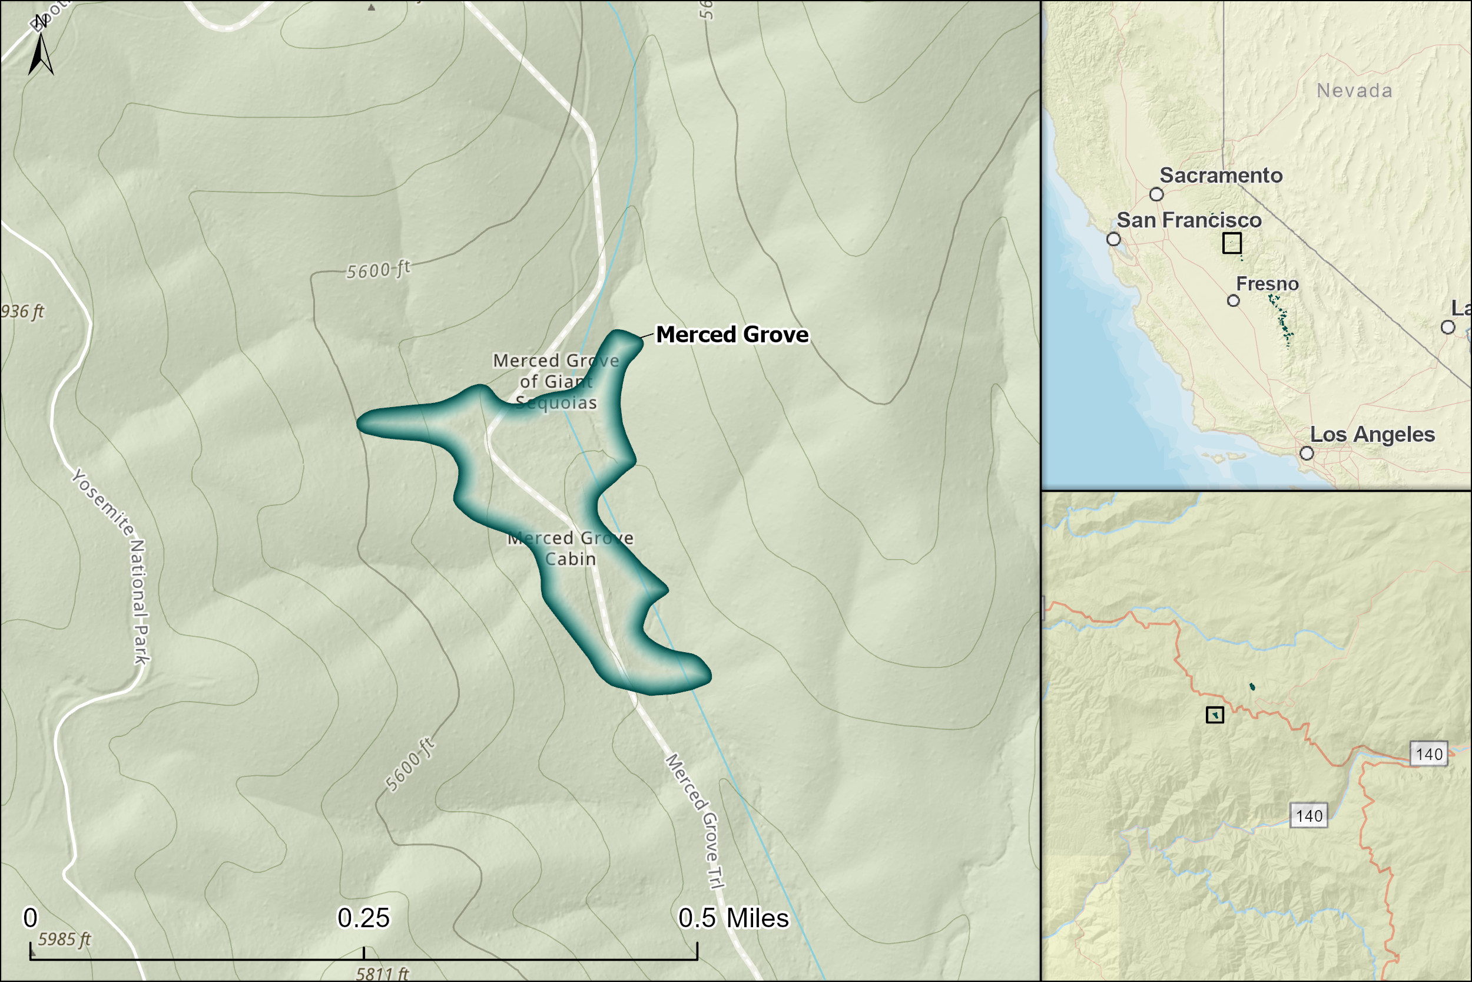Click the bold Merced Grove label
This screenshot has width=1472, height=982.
tap(732, 335)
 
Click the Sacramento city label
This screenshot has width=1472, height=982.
tap(1221, 176)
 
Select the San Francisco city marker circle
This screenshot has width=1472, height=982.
tap(1113, 239)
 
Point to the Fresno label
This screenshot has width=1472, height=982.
tap(1267, 285)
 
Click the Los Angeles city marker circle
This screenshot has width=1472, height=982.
tap(1307, 454)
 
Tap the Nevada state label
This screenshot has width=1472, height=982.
tap(1354, 91)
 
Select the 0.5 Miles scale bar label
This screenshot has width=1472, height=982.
tap(734, 918)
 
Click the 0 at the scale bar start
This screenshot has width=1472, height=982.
tap(30, 918)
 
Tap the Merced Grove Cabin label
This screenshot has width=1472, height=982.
tap(570, 548)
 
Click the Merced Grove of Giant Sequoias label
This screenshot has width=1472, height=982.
tap(556, 381)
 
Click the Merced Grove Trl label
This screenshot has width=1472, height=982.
tap(695, 821)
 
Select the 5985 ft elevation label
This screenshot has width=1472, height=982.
tap(64, 940)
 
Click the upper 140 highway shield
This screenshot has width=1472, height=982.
tap(1429, 754)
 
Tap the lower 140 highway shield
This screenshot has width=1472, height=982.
tap(1309, 816)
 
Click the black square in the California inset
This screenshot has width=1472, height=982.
tap(1232, 243)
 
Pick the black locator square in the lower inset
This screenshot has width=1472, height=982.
tap(1215, 715)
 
